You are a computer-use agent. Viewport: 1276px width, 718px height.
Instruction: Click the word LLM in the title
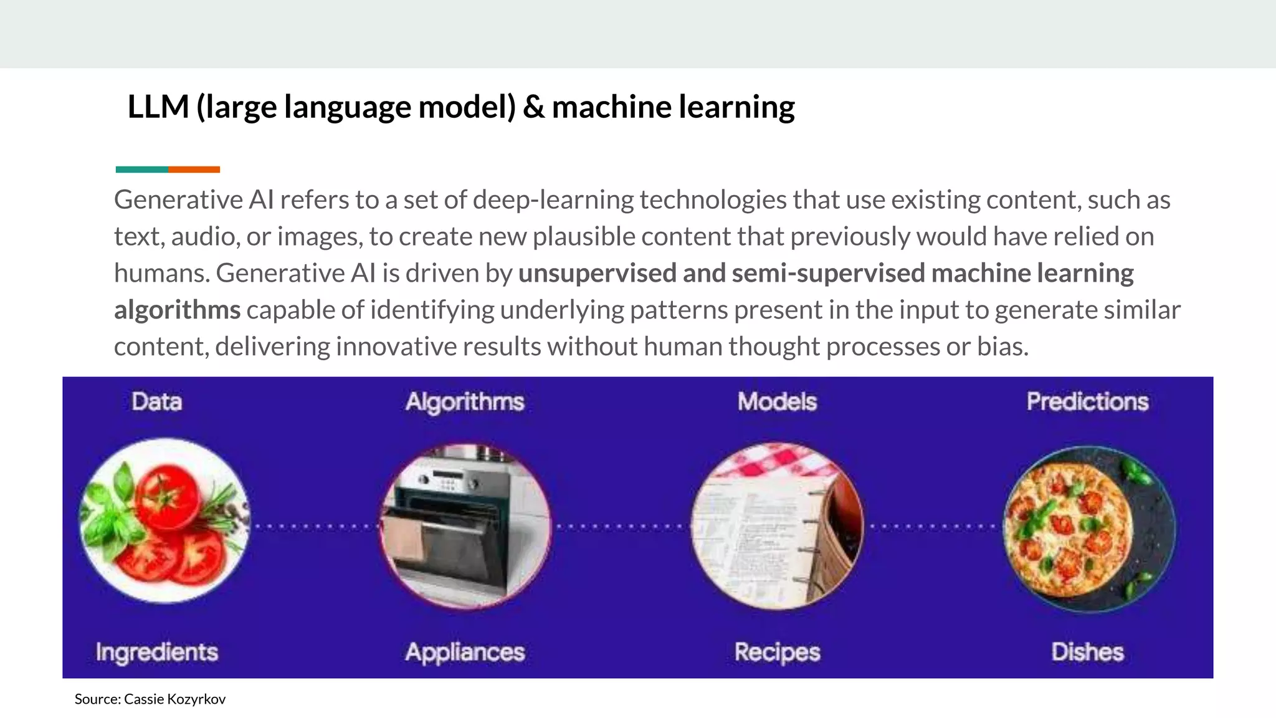click(158, 107)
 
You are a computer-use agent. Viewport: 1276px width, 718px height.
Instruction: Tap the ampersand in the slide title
click(533, 107)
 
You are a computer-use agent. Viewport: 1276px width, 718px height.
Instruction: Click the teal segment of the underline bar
click(141, 170)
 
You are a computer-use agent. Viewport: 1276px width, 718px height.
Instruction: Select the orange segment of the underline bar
click(194, 170)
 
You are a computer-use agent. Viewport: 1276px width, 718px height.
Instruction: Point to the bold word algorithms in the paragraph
click(177, 310)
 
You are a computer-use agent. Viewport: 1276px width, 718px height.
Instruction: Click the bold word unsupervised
click(597, 273)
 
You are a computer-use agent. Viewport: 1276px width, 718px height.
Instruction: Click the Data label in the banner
click(156, 401)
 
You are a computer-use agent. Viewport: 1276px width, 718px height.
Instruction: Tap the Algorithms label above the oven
click(465, 402)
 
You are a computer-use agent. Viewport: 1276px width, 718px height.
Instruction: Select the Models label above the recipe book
click(777, 401)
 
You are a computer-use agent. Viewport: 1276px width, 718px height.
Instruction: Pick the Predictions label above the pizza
click(1087, 401)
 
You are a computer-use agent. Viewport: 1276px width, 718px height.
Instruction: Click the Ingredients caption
click(156, 652)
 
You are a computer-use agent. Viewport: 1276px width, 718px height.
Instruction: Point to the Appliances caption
click(465, 652)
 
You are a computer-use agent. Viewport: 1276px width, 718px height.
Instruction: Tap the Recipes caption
click(777, 652)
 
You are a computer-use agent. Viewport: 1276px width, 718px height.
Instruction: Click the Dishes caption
click(1087, 652)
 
